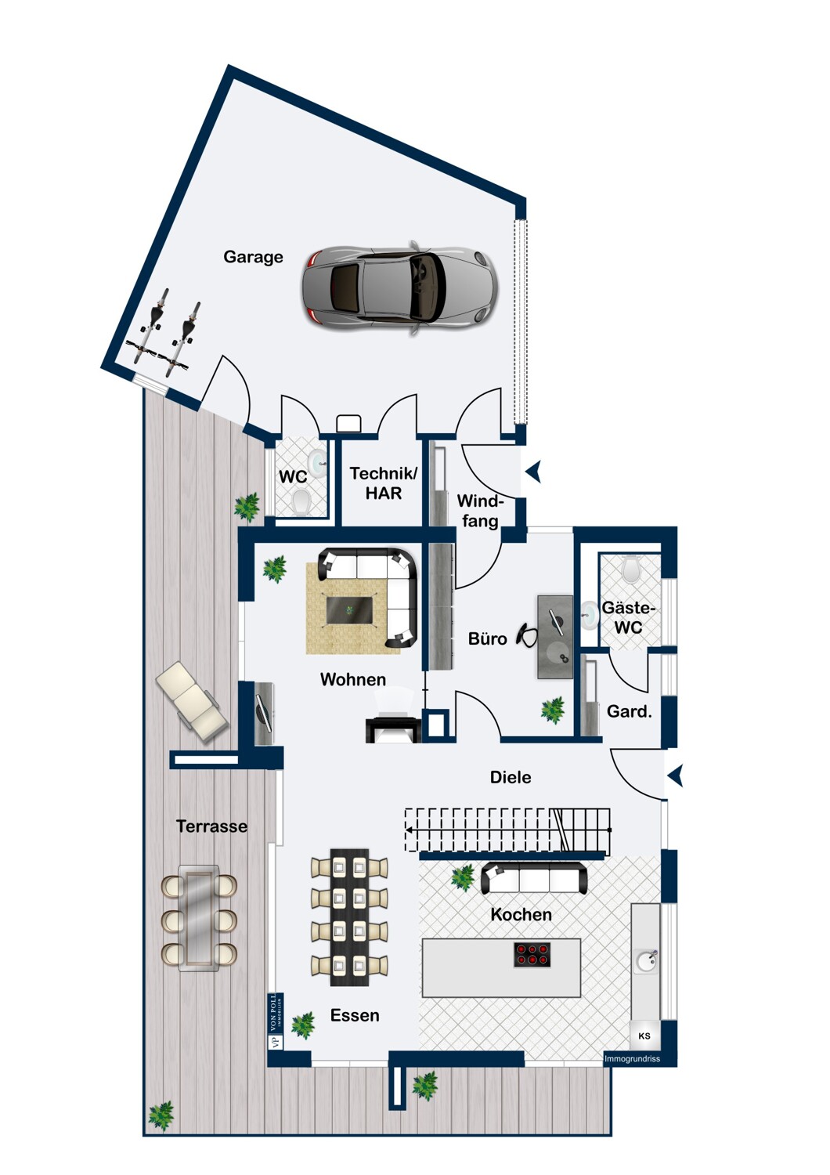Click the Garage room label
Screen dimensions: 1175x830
253,257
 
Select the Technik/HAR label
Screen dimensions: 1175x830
383,483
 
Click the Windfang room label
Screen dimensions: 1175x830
479,511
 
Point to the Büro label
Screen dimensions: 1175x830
487,639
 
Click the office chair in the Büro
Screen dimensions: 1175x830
527,635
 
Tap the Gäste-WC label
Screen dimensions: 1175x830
628,617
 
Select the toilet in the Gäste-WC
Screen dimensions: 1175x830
631,569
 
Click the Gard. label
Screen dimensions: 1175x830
629,711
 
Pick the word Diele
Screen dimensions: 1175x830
511,777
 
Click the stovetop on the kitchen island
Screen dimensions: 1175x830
532,955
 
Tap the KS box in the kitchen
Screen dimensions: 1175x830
644,1036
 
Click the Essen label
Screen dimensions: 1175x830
355,1015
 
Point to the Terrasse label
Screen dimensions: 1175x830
211,826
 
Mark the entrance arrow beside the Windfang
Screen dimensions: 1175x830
534,472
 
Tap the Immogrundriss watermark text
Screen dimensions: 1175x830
632,1059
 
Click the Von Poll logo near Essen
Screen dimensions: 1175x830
274,1021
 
